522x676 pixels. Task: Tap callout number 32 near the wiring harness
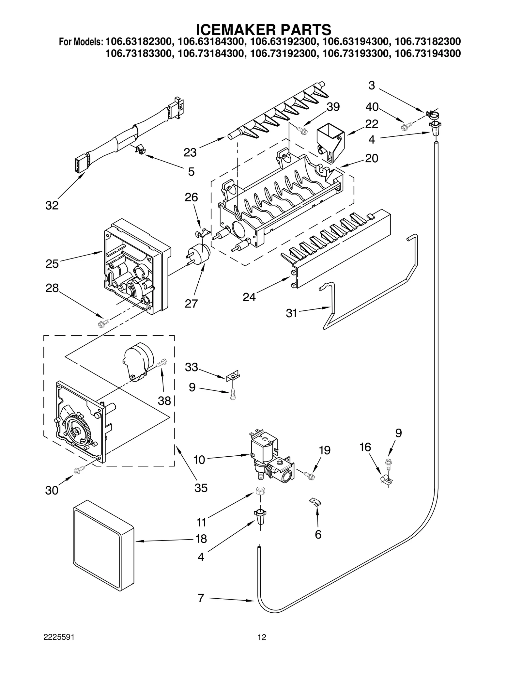pos(52,205)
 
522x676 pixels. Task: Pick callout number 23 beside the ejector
pos(190,152)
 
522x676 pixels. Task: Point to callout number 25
pos(52,263)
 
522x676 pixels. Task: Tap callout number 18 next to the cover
pos(201,539)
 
